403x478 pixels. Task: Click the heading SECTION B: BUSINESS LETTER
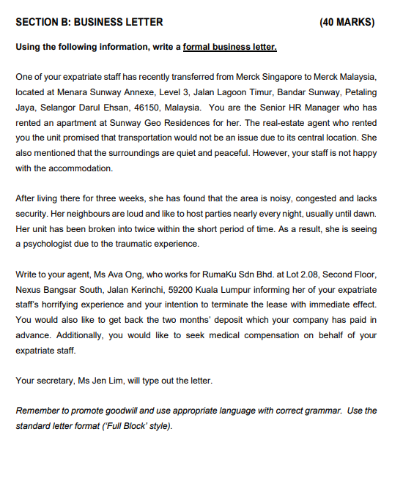(89, 22)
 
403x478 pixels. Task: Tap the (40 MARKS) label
(348, 22)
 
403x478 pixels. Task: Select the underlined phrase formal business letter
(229, 48)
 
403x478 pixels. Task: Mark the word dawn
(366, 214)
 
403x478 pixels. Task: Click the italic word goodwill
(121, 411)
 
